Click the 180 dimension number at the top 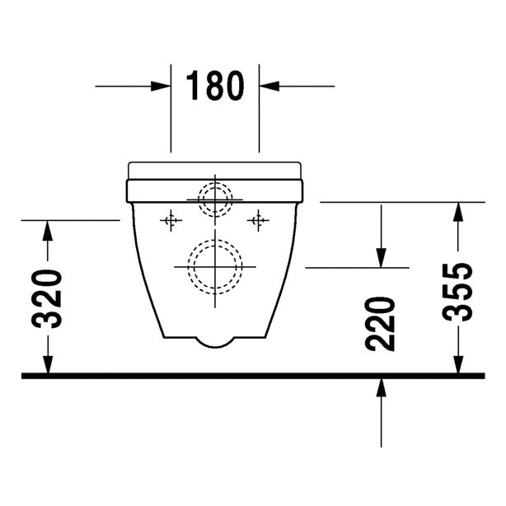point(215,85)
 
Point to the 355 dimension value point(457,292)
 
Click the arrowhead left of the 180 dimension point(161,85)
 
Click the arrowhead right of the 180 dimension point(269,85)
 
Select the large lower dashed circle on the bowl point(215,267)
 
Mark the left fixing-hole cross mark point(171,220)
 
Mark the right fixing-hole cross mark point(259,220)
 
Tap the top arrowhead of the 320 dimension point(49,232)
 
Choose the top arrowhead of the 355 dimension point(455,213)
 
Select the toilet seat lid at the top point(215,170)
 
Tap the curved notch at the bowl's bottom point(215,340)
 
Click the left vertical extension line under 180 point(171,115)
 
